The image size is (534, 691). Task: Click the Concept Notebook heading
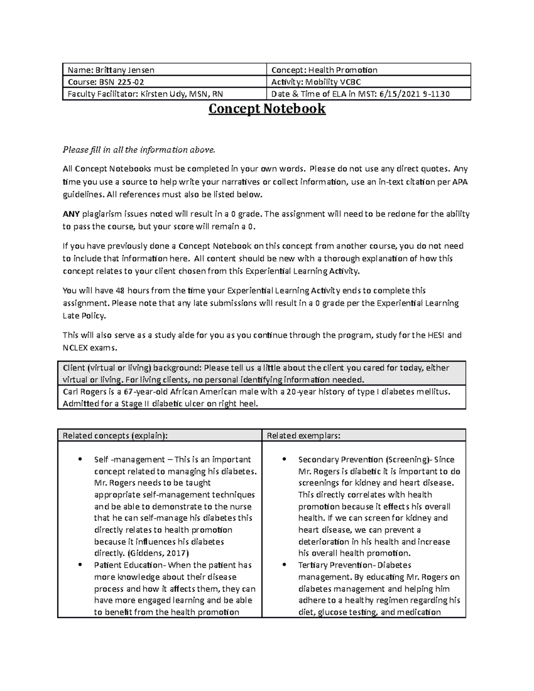click(x=267, y=109)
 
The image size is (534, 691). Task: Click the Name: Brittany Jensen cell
click(x=111, y=70)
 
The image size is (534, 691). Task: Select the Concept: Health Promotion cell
click(x=324, y=70)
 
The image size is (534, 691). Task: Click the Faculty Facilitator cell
click(x=147, y=94)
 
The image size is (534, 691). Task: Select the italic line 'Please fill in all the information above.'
click(x=139, y=150)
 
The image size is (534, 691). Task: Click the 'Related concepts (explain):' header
click(x=115, y=436)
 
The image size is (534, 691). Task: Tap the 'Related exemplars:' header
click(x=303, y=436)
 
